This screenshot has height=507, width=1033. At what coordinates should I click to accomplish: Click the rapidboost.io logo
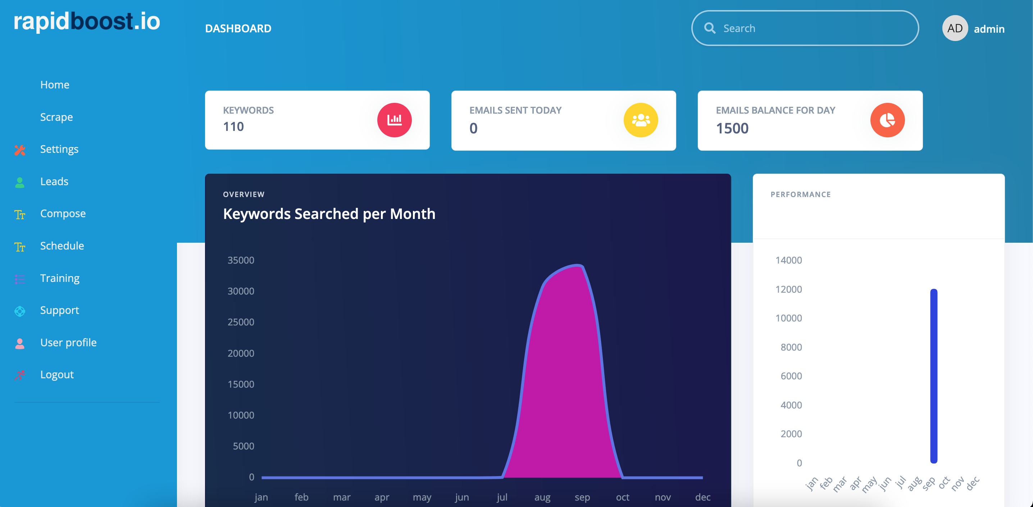click(87, 21)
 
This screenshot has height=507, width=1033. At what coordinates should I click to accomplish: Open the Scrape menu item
click(56, 117)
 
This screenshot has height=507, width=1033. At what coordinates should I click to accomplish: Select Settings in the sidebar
click(59, 149)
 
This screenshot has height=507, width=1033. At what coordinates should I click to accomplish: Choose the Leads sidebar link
click(54, 182)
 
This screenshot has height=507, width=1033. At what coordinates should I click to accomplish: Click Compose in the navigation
click(63, 214)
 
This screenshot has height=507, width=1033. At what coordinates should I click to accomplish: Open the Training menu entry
click(60, 278)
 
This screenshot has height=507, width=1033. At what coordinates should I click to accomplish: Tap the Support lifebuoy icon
click(20, 311)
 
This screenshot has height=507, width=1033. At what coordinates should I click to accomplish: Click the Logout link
click(56, 375)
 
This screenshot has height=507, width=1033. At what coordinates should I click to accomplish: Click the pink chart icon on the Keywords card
click(394, 120)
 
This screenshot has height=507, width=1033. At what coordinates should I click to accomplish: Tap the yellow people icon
click(641, 120)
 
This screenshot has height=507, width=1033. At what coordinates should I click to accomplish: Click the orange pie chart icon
click(887, 120)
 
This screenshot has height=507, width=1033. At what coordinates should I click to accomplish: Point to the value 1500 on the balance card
click(732, 128)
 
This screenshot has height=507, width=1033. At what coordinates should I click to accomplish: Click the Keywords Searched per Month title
click(329, 214)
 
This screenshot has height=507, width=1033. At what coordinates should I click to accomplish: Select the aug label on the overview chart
click(542, 497)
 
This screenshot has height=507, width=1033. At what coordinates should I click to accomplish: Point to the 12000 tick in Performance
click(788, 289)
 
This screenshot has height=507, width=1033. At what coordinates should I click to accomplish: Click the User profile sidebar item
click(68, 343)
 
